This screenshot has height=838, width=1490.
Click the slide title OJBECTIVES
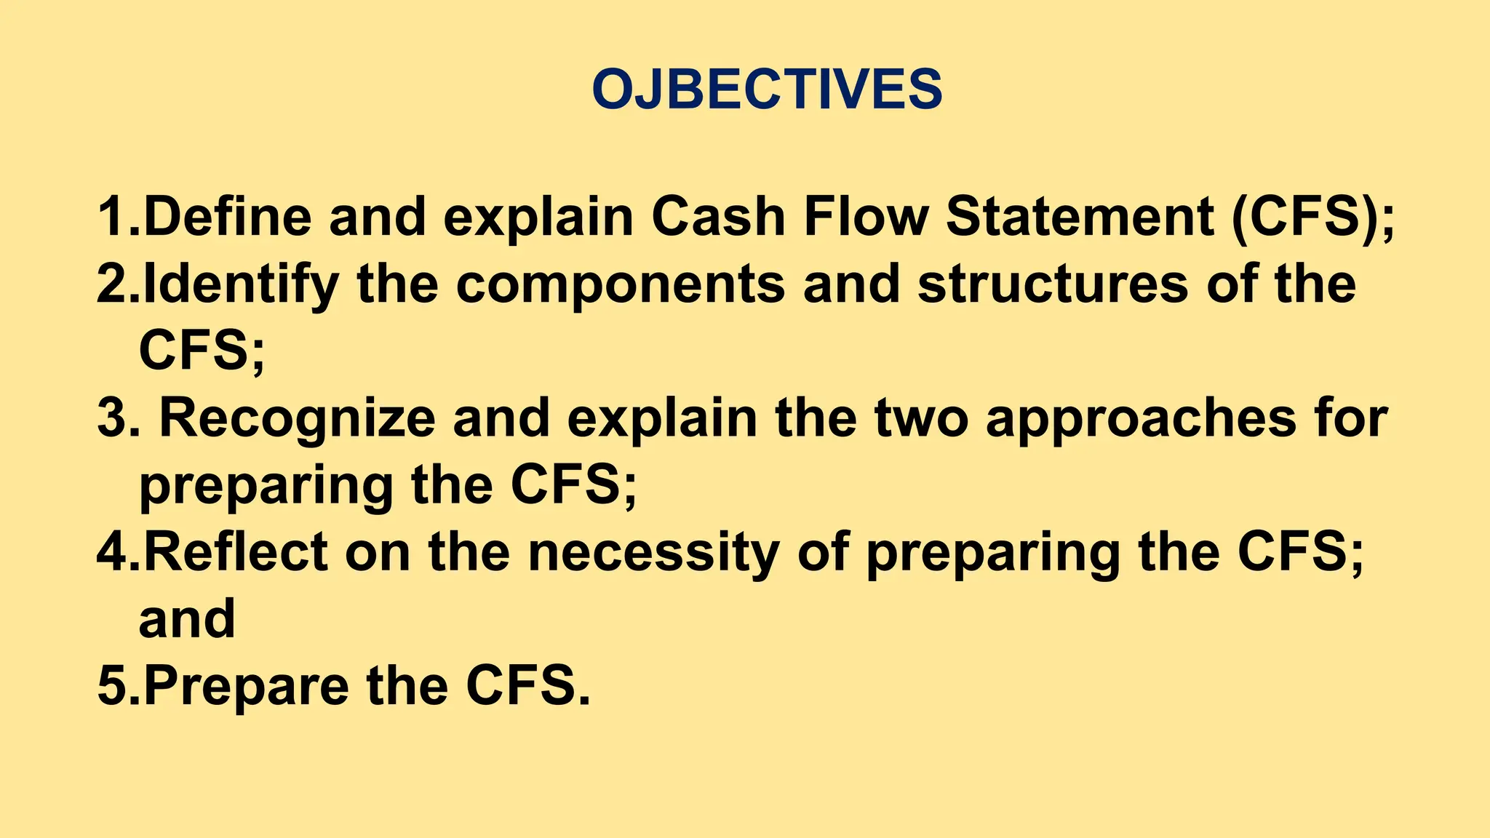click(767, 89)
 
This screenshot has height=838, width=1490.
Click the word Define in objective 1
click(228, 216)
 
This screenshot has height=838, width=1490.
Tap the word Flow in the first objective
click(866, 216)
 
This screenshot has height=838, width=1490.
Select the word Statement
click(1080, 216)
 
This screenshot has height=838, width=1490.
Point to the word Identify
click(241, 284)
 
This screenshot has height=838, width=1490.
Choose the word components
click(621, 284)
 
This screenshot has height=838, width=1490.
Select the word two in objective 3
click(921, 418)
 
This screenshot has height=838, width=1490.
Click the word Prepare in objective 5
click(246, 686)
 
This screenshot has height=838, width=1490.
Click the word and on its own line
click(187, 619)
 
